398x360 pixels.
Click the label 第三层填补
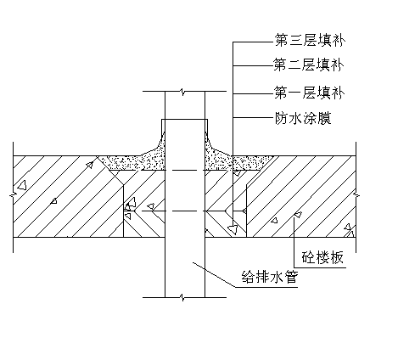tap(310, 40)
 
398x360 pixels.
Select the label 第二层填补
tap(308, 65)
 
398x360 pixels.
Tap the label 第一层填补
tap(309, 93)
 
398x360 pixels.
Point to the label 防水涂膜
tap(303, 118)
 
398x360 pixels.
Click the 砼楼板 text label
tap(322, 257)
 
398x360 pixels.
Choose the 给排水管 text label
tap(269, 278)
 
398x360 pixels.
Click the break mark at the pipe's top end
tap(182, 92)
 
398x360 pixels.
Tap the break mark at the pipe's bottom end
tap(182, 297)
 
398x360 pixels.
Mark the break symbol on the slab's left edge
tap(13, 195)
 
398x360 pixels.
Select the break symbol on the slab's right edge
tap(356, 195)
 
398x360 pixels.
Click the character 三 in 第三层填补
tap(296, 40)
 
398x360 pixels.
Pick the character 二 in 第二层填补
tap(294, 65)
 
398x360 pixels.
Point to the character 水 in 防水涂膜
tap(296, 118)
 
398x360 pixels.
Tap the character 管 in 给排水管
tap(291, 278)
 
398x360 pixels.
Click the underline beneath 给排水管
tap(266, 287)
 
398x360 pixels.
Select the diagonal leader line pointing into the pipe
tap(214, 275)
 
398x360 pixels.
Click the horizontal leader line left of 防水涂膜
tap(253, 117)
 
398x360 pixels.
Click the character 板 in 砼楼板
tap(337, 257)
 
